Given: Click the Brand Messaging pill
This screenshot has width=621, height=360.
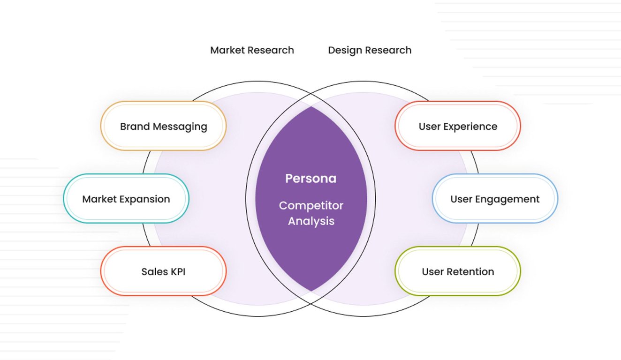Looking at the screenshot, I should (163, 126).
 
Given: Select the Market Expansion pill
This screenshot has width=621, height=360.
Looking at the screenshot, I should (126, 199).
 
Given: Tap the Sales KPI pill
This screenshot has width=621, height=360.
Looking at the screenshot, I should (163, 271).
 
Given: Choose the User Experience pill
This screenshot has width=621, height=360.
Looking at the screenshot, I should (458, 126).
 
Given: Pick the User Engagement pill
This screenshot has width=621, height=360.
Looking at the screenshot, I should (495, 199).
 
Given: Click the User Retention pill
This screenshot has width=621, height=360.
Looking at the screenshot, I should (458, 271).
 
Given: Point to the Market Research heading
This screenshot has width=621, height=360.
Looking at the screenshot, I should (252, 50).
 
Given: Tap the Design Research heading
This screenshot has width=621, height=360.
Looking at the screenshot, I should (370, 50).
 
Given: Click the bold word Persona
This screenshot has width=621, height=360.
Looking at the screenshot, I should (311, 179).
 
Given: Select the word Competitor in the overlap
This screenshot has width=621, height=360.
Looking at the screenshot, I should (311, 205).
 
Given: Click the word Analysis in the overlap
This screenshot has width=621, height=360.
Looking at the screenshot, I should (311, 221).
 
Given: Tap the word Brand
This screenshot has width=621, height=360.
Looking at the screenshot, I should (135, 126).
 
